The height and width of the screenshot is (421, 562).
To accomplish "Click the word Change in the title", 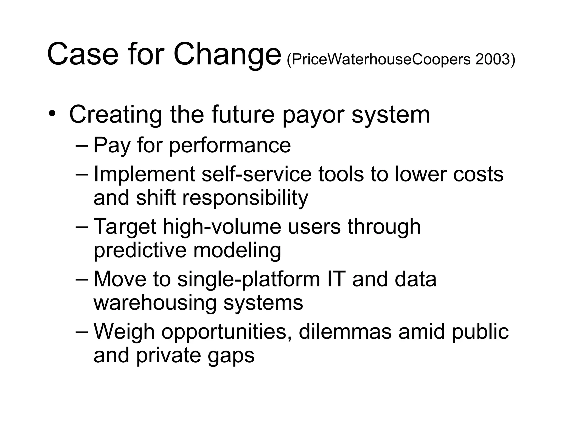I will [x=227, y=54].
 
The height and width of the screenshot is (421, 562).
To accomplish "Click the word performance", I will [x=230, y=145].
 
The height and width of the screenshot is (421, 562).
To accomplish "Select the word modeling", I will [x=237, y=251].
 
